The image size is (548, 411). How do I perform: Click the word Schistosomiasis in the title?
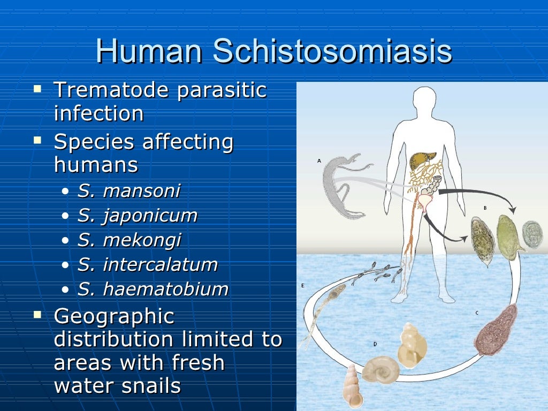click(x=332, y=52)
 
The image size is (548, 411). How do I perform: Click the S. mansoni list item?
click(x=129, y=191)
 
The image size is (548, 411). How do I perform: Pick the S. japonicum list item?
click(x=138, y=216)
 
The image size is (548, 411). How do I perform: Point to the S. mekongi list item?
click(x=130, y=240)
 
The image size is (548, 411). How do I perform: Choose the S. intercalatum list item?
click(x=148, y=264)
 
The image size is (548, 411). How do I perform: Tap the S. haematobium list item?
click(x=153, y=289)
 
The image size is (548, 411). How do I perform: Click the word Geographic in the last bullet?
click(x=114, y=316)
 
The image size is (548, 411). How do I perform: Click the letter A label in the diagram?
click(x=319, y=161)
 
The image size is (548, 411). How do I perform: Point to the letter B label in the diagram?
click(x=485, y=207)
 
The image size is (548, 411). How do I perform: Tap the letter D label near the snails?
click(x=375, y=344)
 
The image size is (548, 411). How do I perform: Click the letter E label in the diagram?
click(x=302, y=286)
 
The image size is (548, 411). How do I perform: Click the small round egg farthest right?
click(x=532, y=234)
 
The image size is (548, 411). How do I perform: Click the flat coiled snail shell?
click(x=380, y=370)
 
